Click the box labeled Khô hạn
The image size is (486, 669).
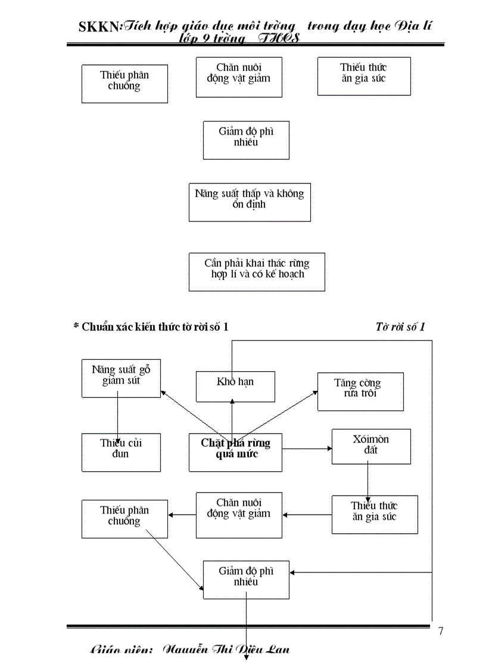click(235, 386)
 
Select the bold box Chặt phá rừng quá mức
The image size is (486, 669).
click(235, 452)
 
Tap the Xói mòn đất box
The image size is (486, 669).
click(370, 446)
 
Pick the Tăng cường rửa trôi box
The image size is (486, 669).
click(360, 391)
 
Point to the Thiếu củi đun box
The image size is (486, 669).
click(121, 452)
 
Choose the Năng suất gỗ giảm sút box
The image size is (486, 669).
click(121, 378)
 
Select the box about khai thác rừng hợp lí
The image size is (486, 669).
click(257, 272)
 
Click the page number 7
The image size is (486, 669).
click(440, 631)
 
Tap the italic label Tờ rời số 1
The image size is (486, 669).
click(400, 326)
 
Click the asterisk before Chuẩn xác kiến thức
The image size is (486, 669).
click(76, 326)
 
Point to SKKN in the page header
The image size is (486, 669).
click(99, 27)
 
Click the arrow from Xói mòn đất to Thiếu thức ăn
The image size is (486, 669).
click(367, 480)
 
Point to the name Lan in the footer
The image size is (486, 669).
click(277, 649)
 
